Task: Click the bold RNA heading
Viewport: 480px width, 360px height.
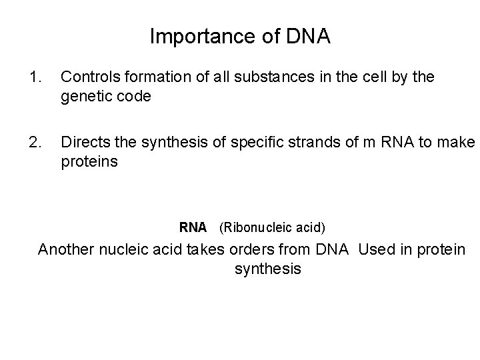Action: [x=193, y=227]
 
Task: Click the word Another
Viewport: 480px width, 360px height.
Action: [x=67, y=250]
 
